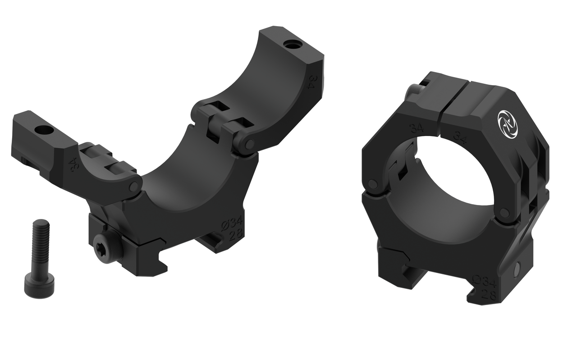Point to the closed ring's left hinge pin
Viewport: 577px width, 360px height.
pyautogui.click(x=373, y=184)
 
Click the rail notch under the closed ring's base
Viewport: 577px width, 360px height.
pyautogui.click(x=408, y=275)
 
